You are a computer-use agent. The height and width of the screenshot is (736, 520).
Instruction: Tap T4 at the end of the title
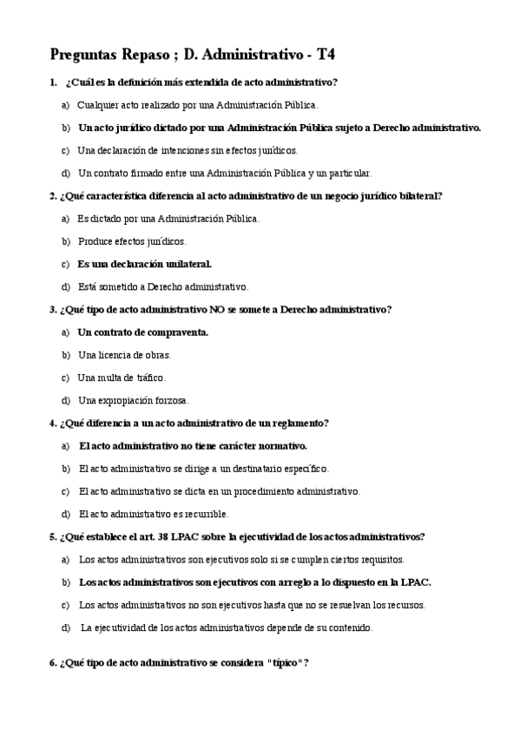pyautogui.click(x=326, y=54)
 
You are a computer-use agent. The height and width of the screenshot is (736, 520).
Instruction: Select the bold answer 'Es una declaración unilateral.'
pyautogui.click(x=144, y=263)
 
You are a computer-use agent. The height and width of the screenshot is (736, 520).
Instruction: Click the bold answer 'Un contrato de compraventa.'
pyautogui.click(x=143, y=332)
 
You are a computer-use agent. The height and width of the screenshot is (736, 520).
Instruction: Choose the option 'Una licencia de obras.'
pyautogui.click(x=124, y=354)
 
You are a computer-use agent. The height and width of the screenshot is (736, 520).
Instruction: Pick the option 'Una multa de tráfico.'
pyautogui.click(x=121, y=378)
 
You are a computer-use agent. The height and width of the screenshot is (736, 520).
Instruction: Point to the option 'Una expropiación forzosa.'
pyautogui.click(x=133, y=400)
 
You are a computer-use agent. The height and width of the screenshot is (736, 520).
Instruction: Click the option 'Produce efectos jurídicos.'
pyautogui.click(x=132, y=241)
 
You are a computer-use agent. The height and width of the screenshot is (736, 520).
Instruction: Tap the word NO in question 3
pyautogui.click(x=216, y=309)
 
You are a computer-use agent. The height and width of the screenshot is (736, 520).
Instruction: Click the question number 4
pyautogui.click(x=53, y=423)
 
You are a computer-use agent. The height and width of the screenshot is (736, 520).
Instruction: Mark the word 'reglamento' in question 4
pyautogui.click(x=301, y=423)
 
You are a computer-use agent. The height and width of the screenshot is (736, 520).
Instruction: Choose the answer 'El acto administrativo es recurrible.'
pyautogui.click(x=154, y=514)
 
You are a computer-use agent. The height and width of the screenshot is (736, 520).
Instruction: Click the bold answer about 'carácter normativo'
pyautogui.click(x=193, y=445)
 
